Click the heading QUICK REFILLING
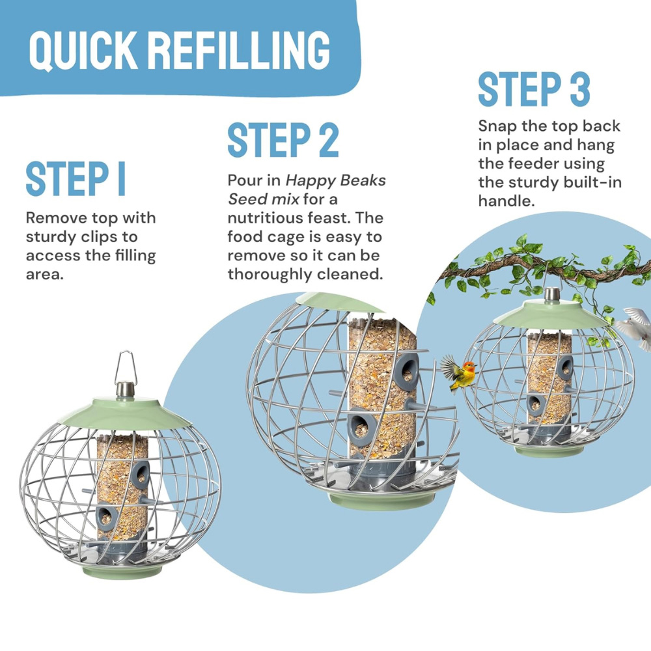(180, 50)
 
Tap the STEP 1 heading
(76, 180)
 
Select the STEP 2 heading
(283, 139)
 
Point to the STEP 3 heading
(534, 89)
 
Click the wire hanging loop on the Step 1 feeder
(126, 367)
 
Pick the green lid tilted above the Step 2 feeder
(340, 303)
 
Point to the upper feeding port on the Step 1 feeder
(141, 474)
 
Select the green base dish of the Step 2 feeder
(381, 499)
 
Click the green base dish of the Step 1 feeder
(121, 572)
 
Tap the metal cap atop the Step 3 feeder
(552, 294)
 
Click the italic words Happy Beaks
(336, 181)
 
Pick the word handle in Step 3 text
(506, 201)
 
